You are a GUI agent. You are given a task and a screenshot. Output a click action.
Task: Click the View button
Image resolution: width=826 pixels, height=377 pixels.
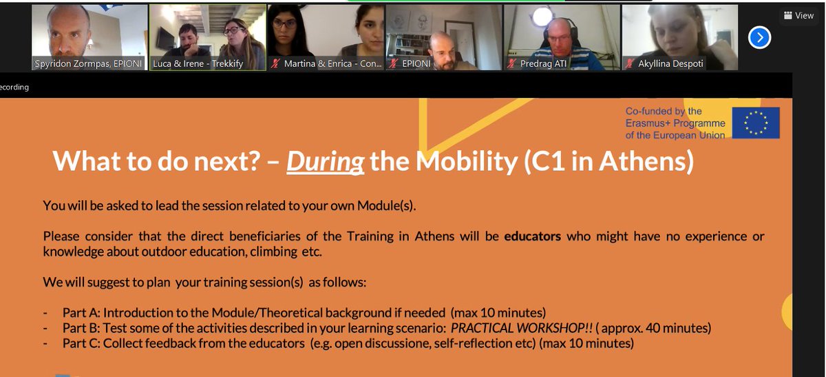point(798,15)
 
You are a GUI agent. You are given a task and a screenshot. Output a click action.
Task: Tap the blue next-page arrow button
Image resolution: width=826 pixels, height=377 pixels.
point(759,37)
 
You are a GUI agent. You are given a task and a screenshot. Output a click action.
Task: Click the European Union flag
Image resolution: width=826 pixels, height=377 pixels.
point(756,122)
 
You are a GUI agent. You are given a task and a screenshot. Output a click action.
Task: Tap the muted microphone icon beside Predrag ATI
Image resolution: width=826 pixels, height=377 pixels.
point(511,64)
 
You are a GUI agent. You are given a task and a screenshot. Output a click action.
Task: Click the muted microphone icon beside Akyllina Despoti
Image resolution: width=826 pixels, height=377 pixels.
point(630,64)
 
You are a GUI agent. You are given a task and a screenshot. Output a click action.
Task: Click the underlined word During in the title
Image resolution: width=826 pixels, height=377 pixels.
point(325,162)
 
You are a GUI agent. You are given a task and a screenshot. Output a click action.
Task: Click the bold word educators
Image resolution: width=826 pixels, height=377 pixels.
point(532,236)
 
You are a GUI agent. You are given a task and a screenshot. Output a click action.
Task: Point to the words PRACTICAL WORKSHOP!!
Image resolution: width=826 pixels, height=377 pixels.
point(521,328)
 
